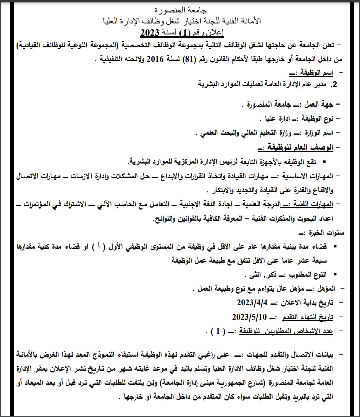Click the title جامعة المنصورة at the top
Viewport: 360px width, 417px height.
pyautogui.click(x=179, y=10)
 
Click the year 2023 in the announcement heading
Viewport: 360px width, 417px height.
pyautogui.click(x=149, y=34)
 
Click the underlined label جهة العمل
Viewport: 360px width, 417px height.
pyautogui.click(x=318, y=105)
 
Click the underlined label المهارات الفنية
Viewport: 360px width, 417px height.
pyautogui.click(x=311, y=204)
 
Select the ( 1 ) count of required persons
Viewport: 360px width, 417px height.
pyautogui.click(x=217, y=331)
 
